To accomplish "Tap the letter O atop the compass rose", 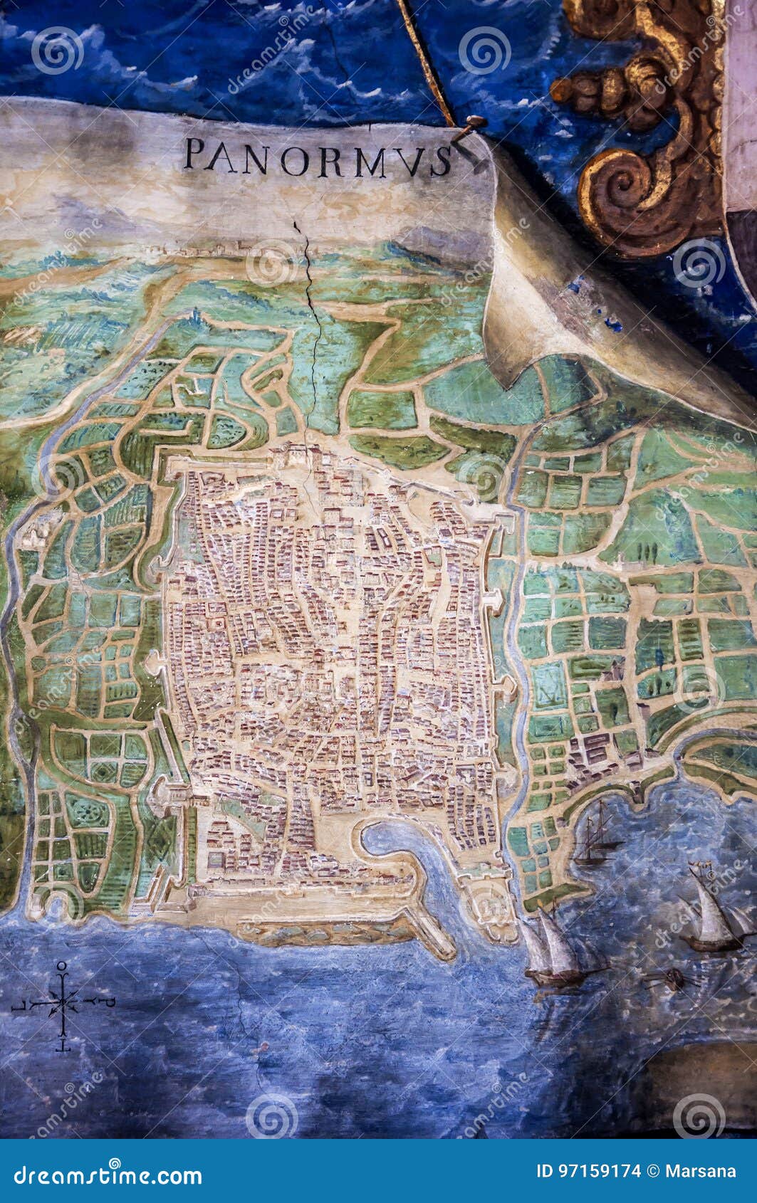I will (63, 966).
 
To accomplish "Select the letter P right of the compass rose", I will (109, 1002).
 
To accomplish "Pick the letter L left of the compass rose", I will (18, 1005).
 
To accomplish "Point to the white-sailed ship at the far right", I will (712, 911).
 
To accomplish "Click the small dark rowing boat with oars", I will (669, 980).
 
